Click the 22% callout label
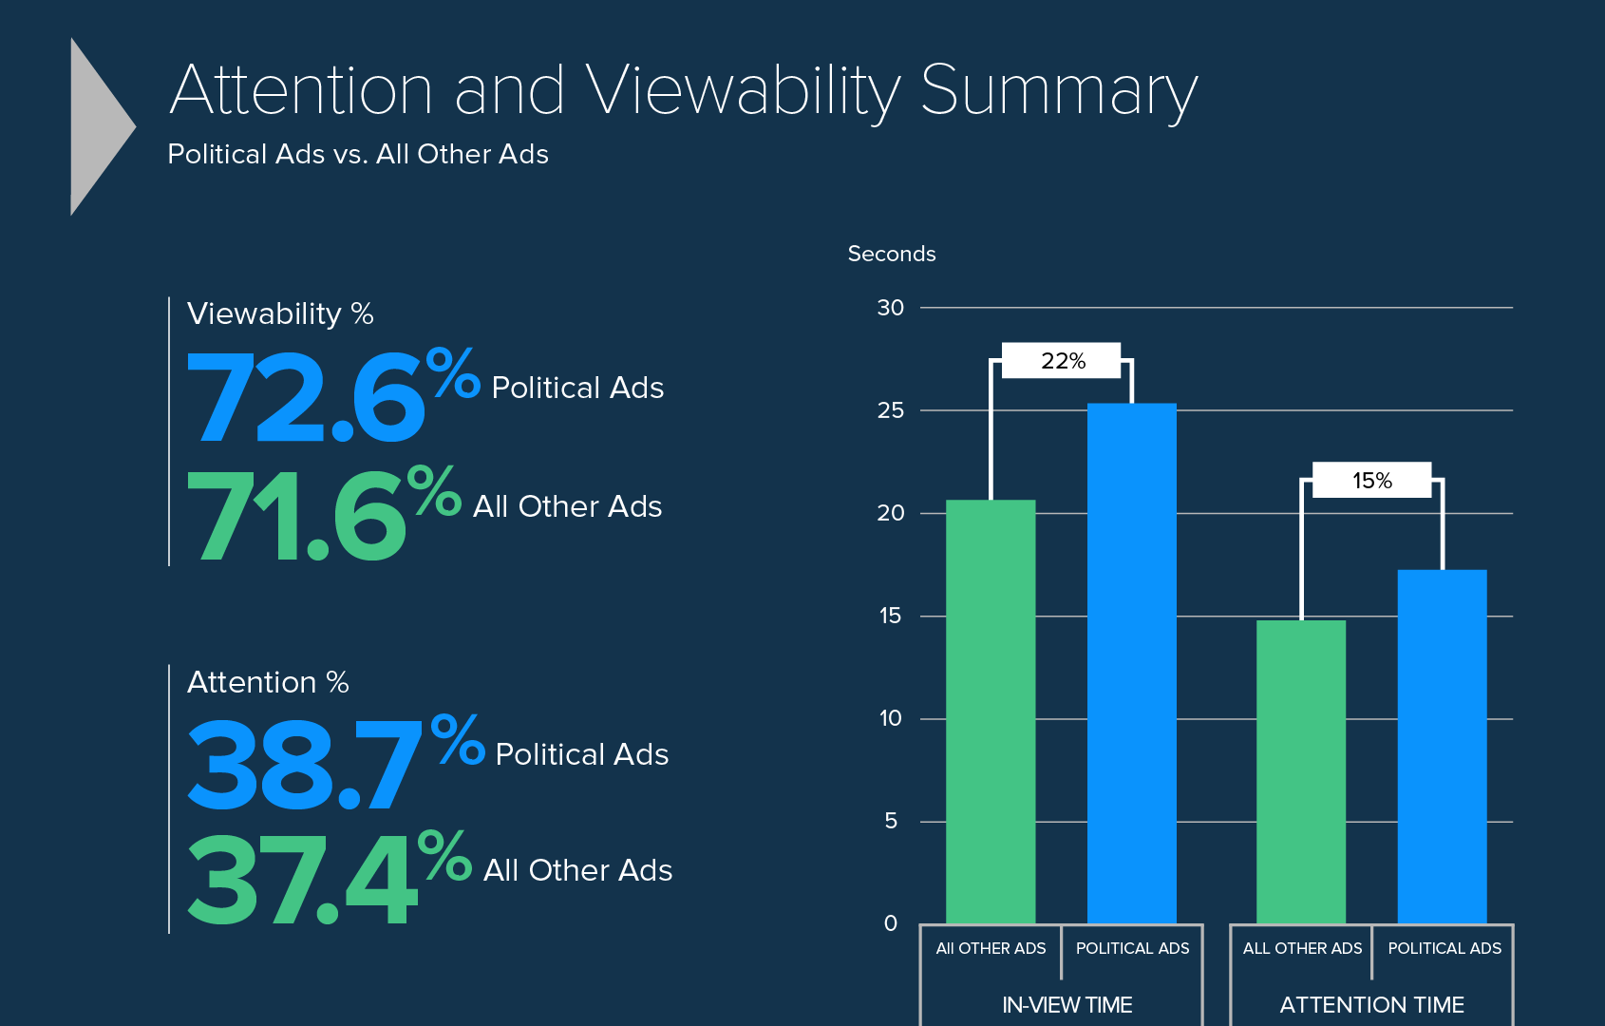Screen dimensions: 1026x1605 [x=1062, y=361]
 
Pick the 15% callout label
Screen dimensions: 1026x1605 [x=1371, y=481]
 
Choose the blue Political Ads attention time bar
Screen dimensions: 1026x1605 [x=1442, y=746]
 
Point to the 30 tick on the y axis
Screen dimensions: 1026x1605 [x=890, y=308]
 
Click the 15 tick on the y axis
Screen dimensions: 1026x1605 [x=890, y=616]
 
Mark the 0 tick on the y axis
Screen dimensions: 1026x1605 [x=890, y=923]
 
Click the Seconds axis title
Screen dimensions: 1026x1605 [x=891, y=254]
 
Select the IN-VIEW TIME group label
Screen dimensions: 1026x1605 [x=1067, y=1004]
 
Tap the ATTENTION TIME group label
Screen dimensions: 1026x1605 [x=1371, y=1004]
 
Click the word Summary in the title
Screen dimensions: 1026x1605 [x=1058, y=91]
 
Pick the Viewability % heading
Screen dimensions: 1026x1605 [x=280, y=313]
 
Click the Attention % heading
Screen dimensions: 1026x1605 [x=268, y=682]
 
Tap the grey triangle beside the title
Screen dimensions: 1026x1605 [x=100, y=126]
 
